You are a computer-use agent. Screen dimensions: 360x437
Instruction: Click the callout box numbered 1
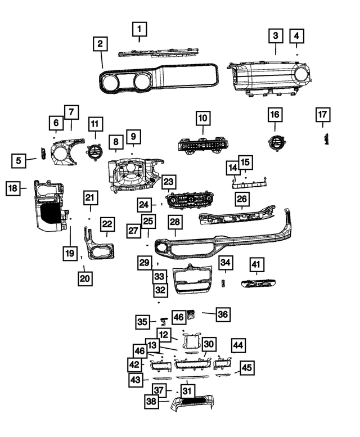[139, 29]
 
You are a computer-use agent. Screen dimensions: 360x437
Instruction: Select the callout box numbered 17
[323, 115]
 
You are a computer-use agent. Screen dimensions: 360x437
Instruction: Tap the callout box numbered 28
[175, 222]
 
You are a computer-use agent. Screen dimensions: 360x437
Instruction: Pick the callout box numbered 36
[223, 314]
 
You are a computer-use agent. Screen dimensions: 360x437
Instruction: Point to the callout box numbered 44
[238, 345]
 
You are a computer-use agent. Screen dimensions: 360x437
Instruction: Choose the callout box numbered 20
[85, 278]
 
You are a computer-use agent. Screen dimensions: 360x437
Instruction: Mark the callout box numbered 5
[19, 160]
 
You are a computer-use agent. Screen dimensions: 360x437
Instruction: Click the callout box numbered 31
[187, 391]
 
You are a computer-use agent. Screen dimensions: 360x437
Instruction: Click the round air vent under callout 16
[275, 143]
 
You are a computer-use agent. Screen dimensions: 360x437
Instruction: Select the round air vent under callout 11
[94, 152]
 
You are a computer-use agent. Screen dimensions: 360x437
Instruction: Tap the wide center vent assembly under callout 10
[203, 145]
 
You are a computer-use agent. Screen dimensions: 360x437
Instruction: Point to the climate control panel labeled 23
[190, 200]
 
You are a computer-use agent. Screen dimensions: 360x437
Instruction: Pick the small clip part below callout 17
[326, 139]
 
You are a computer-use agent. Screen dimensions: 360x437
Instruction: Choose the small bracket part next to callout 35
[164, 321]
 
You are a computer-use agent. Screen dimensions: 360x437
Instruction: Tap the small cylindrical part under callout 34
[223, 283]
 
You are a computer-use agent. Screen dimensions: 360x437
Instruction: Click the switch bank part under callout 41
[259, 283]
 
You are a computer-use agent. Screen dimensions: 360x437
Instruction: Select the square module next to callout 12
[191, 341]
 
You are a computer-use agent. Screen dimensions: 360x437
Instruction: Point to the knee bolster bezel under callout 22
[99, 244]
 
